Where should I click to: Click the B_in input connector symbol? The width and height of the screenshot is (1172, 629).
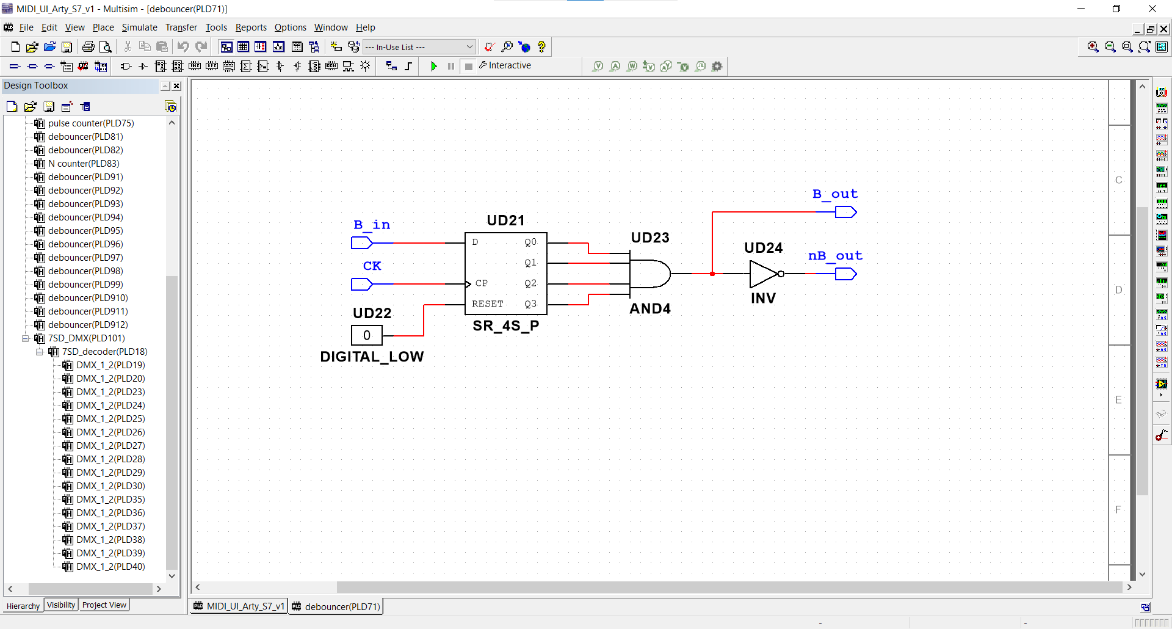[361, 243]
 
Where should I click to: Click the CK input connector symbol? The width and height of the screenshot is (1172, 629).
[361, 284]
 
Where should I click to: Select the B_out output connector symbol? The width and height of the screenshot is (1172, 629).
[846, 212]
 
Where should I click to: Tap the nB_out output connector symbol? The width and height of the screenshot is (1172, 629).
[846, 274]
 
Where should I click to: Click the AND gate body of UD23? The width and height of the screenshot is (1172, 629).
[650, 274]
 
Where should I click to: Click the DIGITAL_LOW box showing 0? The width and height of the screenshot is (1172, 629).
[367, 335]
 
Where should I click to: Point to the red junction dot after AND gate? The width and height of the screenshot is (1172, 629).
[712, 274]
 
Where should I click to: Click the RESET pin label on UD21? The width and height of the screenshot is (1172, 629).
[488, 304]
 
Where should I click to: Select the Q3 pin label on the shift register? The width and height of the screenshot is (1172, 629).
[530, 304]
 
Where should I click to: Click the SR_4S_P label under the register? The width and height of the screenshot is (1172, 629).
[506, 326]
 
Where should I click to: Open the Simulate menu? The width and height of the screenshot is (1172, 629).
[139, 27]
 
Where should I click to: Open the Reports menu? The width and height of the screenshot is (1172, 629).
[251, 27]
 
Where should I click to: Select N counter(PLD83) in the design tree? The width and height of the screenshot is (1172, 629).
[84, 164]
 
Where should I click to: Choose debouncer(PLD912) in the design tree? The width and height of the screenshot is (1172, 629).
[88, 325]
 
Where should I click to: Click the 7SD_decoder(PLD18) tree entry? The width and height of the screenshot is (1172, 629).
[104, 352]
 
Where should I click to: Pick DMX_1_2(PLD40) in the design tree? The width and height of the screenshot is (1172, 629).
[110, 567]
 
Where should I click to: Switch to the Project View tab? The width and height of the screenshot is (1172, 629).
[104, 605]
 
